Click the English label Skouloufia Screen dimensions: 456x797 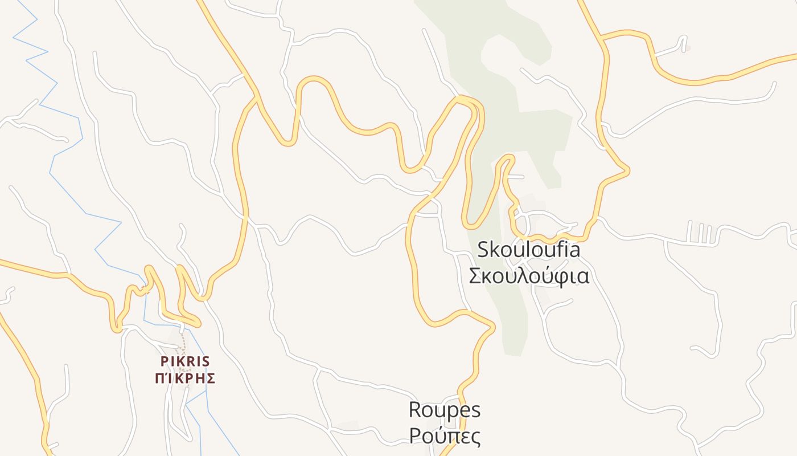(528, 249)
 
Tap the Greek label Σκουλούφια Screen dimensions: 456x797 (528, 276)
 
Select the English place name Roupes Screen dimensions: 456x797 (445, 409)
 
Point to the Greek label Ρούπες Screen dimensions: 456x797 (445, 436)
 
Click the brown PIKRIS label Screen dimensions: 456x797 (185, 361)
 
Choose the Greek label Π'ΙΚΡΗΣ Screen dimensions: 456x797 (185, 378)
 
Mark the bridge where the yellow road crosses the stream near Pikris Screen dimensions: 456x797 (146, 290)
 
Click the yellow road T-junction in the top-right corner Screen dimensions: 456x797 (602, 39)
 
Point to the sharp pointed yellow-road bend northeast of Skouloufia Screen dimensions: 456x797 (627, 169)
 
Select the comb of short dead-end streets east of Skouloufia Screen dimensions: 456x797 (700, 233)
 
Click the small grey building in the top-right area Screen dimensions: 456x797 (688, 48)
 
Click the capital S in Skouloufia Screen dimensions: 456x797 (483, 249)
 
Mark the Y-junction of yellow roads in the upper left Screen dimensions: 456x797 (254, 97)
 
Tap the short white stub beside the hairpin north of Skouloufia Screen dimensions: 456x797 (515, 177)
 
